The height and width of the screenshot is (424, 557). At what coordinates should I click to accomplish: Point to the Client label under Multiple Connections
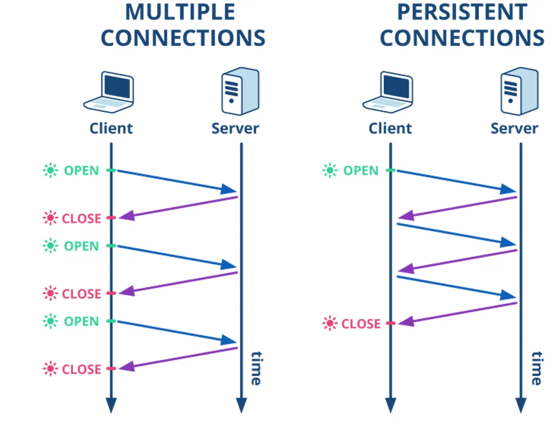pyautogui.click(x=111, y=128)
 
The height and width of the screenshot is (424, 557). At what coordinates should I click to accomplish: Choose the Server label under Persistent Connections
pyautogui.click(x=514, y=128)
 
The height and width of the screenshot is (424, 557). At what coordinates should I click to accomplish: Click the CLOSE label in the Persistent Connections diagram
pyautogui.click(x=361, y=324)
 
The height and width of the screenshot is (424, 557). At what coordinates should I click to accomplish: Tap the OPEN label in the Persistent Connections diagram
pyautogui.click(x=361, y=170)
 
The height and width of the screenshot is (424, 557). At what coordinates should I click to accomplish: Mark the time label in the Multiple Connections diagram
pyautogui.click(x=256, y=368)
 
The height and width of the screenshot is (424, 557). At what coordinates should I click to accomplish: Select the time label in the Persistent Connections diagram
pyautogui.click(x=536, y=368)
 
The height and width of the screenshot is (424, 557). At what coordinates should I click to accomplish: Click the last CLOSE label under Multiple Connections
pyautogui.click(x=82, y=369)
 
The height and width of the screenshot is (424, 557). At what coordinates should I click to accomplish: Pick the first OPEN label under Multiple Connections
pyautogui.click(x=82, y=170)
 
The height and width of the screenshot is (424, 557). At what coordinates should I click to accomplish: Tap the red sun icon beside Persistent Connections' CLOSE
pyautogui.click(x=330, y=324)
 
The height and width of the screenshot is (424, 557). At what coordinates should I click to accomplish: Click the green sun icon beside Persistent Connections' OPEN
pyautogui.click(x=330, y=170)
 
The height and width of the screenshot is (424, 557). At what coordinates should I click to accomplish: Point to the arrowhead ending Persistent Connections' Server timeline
pyautogui.click(x=520, y=405)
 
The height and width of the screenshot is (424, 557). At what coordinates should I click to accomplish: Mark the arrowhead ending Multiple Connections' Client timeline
pyautogui.click(x=111, y=405)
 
